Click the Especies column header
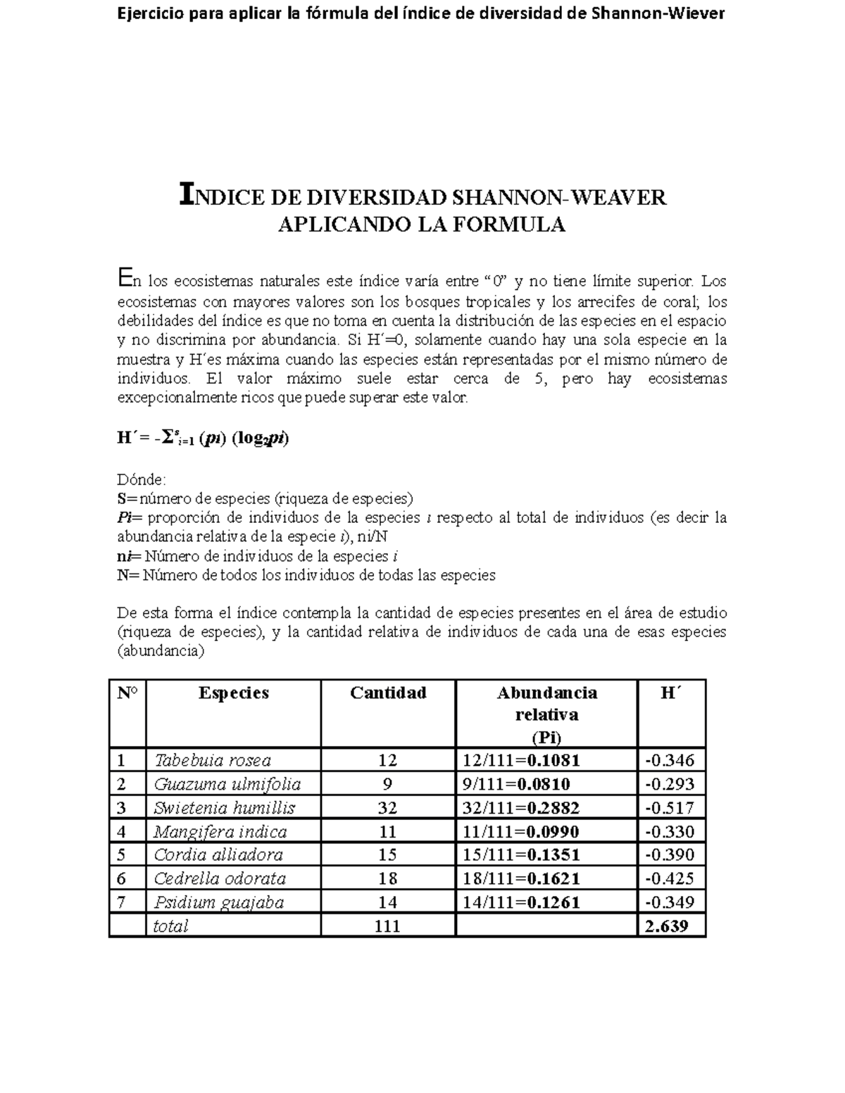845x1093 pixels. [234, 693]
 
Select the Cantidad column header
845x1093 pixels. [388, 693]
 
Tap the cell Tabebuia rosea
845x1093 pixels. [213, 760]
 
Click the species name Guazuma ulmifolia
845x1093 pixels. [227, 784]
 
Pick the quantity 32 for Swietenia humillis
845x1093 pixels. [387, 808]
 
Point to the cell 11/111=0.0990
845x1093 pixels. [521, 832]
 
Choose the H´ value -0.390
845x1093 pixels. [670, 855]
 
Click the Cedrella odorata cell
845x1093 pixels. [220, 878]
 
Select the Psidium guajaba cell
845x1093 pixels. [219, 902]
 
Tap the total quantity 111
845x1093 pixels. [387, 926]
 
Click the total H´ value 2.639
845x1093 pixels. [666, 926]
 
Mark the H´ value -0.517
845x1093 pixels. [670, 808]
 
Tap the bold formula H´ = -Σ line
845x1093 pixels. [204, 438]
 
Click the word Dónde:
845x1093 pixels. [142, 480]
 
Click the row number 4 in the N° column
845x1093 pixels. [122, 832]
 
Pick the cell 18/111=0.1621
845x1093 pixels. [521, 878]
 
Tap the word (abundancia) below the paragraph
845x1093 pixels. [161, 651]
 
